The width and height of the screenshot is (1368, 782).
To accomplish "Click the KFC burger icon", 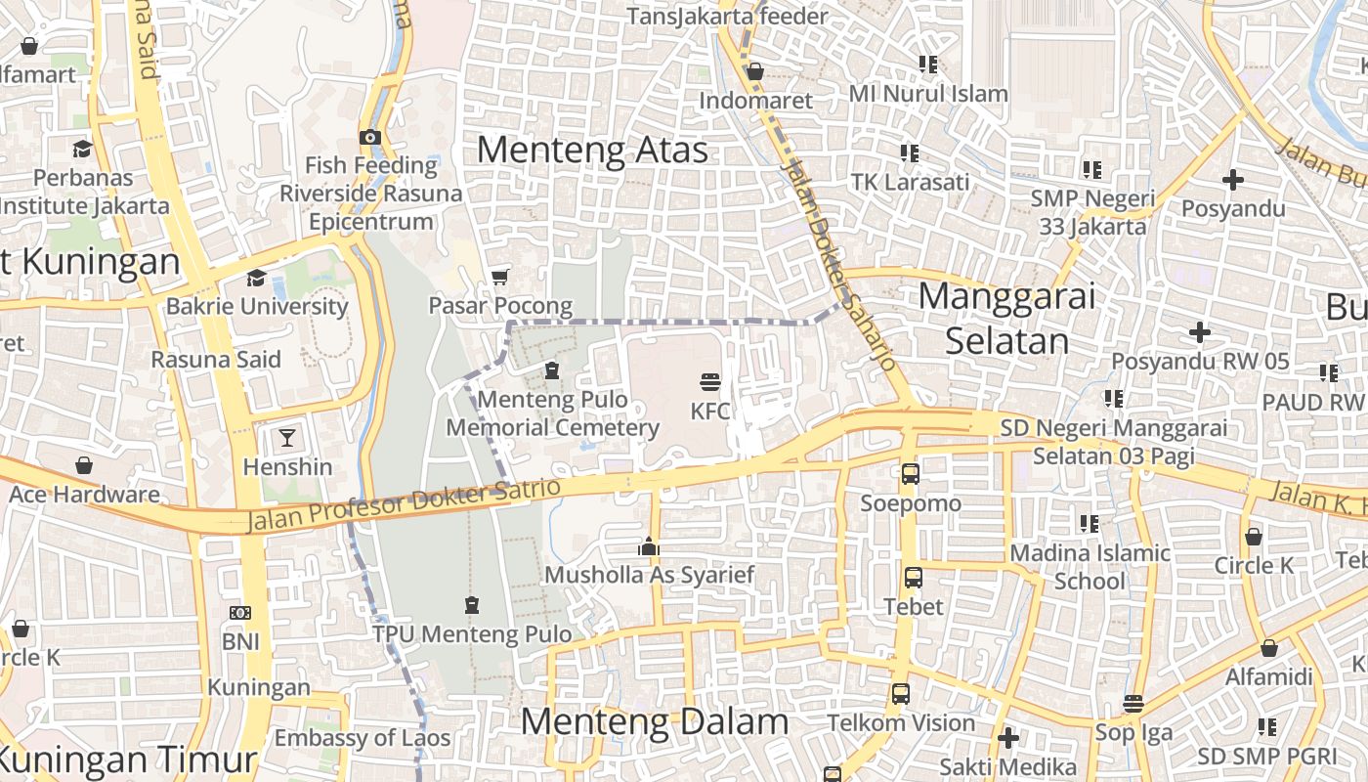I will pyautogui.click(x=710, y=381).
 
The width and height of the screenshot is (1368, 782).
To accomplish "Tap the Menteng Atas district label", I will pyautogui.click(x=592, y=150).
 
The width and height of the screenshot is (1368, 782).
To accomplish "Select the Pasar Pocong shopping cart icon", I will pyautogui.click(x=500, y=278).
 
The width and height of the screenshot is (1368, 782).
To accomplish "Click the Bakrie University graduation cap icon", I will pyautogui.click(x=256, y=278).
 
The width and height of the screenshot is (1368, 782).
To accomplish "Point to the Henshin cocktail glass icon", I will pyautogui.click(x=287, y=437).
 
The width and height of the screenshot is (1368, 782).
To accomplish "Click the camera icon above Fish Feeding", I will pyautogui.click(x=370, y=137).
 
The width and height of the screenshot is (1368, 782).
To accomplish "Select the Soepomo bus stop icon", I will pyautogui.click(x=910, y=474).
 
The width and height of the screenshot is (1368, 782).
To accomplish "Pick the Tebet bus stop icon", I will pyautogui.click(x=913, y=577).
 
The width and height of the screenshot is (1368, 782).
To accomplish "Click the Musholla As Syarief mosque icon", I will pyautogui.click(x=648, y=547).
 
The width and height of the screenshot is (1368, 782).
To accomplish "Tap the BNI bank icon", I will pyautogui.click(x=239, y=613).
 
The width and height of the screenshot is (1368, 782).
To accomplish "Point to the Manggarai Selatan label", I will pyautogui.click(x=1006, y=318).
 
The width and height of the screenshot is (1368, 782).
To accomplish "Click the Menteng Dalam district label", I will pyautogui.click(x=654, y=721).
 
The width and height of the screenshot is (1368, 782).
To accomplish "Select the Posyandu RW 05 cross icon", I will pyautogui.click(x=1199, y=332).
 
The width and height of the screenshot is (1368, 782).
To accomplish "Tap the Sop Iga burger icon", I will pyautogui.click(x=1133, y=703).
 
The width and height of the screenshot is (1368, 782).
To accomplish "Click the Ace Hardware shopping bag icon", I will pyautogui.click(x=84, y=465).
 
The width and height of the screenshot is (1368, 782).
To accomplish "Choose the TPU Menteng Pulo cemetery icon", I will pyautogui.click(x=472, y=606).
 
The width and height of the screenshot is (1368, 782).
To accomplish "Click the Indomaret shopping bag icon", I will pyautogui.click(x=754, y=71).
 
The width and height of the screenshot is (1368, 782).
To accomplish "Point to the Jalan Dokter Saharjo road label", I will pyautogui.click(x=838, y=264).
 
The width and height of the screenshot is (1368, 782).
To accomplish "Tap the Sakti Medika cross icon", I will pyautogui.click(x=1008, y=738).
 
